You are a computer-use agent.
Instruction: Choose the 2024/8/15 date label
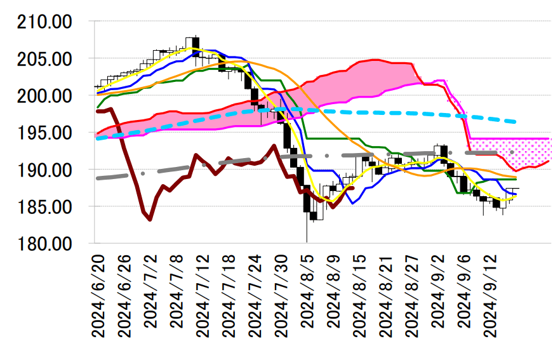tap(359, 295)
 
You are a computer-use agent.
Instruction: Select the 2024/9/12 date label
tap(488, 295)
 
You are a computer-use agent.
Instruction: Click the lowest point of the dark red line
tap(150, 220)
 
